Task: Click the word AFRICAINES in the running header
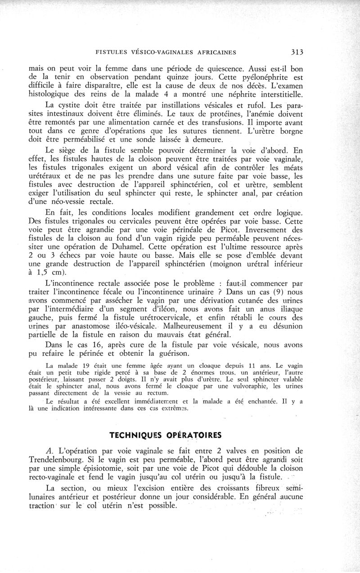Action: pyautogui.click(x=215, y=52)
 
